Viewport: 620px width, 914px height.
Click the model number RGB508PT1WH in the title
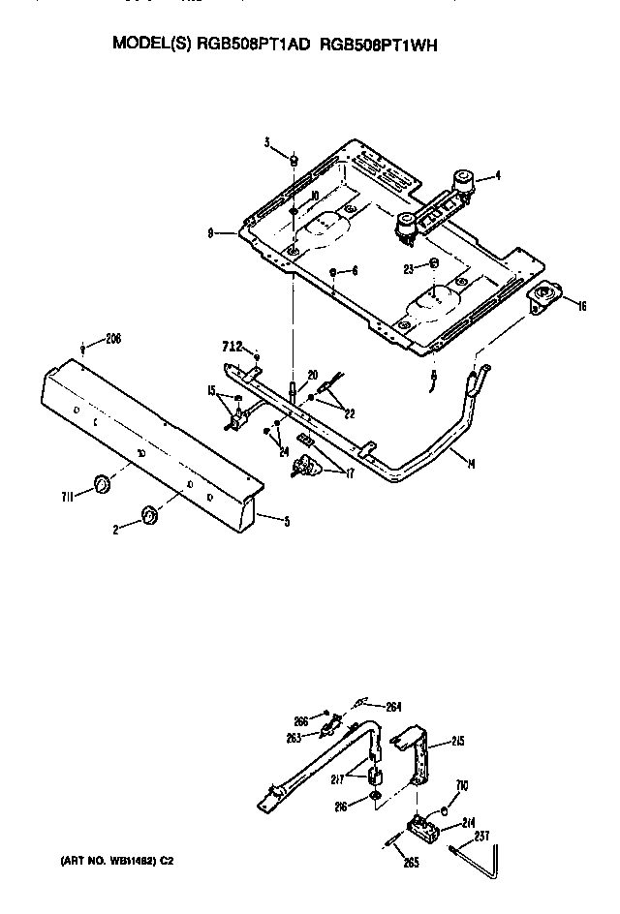click(372, 45)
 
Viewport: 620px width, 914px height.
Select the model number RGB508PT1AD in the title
click(253, 45)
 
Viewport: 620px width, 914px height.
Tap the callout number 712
click(232, 347)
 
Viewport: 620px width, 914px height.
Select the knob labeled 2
click(149, 514)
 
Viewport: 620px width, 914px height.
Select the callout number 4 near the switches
click(497, 175)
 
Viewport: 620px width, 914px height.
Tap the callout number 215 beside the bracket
click(456, 743)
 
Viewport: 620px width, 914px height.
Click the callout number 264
click(393, 706)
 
